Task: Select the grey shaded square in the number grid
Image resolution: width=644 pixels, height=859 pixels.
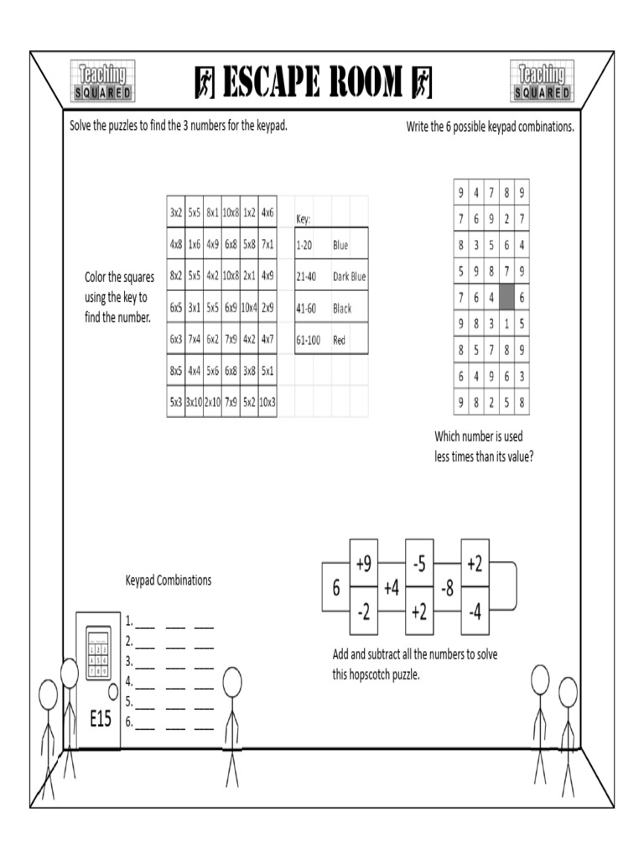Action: tap(506, 297)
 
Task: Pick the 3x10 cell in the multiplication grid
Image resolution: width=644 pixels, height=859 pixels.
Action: tap(194, 402)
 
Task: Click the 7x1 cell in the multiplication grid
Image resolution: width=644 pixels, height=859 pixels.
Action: tap(267, 245)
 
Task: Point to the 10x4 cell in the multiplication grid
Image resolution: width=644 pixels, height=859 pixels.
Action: tap(249, 308)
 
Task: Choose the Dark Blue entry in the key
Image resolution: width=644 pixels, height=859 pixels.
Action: tap(350, 277)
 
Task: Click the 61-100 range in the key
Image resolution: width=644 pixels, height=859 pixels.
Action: tap(309, 341)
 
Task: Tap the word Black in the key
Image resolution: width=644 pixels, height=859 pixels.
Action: tap(342, 309)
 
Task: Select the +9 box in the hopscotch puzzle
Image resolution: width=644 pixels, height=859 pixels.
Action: tap(363, 566)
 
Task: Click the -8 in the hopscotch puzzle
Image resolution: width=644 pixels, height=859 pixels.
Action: tap(447, 589)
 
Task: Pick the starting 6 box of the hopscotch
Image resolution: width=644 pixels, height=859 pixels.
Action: tap(335, 589)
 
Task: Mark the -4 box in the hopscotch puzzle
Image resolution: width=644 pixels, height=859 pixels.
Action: tap(475, 612)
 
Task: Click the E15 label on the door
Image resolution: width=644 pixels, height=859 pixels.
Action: tap(99, 719)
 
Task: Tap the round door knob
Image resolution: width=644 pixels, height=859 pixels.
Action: tap(112, 694)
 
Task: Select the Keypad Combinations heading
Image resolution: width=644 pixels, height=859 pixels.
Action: tap(169, 580)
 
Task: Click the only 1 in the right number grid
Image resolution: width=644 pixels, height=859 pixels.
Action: tap(506, 323)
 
